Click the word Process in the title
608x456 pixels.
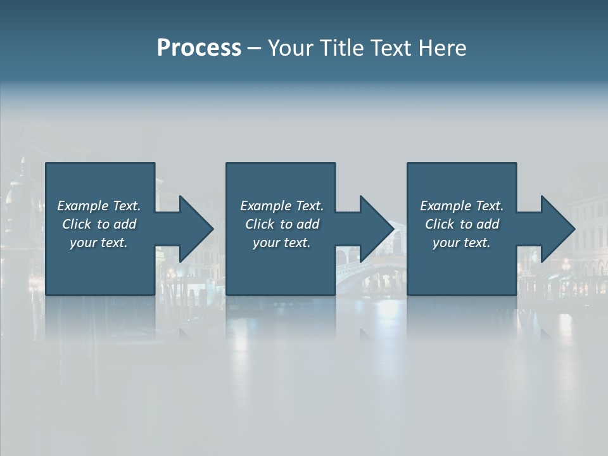(x=199, y=48)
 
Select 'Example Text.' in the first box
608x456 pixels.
(x=99, y=206)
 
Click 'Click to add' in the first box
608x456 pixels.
(x=99, y=224)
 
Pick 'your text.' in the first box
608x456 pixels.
(x=99, y=243)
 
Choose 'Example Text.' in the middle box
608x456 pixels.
(x=282, y=206)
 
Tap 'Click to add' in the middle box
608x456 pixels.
(x=282, y=224)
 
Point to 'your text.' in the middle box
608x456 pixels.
(x=282, y=243)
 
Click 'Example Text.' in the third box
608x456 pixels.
(x=462, y=206)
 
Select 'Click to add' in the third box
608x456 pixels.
(x=462, y=224)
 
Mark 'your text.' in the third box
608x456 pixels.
(x=462, y=243)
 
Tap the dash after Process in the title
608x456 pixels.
(x=255, y=49)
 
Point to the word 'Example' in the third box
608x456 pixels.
(x=445, y=206)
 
